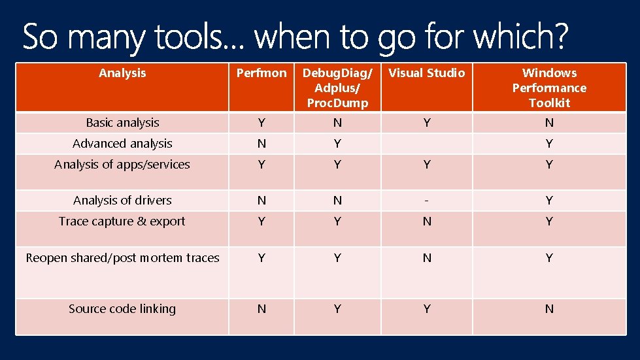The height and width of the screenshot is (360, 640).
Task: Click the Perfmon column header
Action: pos(261,73)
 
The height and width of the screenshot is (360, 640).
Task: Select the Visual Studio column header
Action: pos(427,73)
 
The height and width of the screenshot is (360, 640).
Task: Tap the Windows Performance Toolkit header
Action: pos(549,88)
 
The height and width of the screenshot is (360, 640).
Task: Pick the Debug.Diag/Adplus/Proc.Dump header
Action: pos(337,88)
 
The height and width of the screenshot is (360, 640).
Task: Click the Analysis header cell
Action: pos(122,73)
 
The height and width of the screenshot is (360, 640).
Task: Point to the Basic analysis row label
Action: pos(122,123)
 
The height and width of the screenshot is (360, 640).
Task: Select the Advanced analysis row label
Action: pos(122,144)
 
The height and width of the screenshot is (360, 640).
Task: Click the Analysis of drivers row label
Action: pos(122,201)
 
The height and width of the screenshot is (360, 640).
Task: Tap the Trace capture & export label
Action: pos(122,221)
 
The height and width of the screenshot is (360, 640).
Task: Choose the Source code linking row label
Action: pos(122,309)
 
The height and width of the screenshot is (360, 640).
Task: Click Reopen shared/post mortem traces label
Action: pos(122,258)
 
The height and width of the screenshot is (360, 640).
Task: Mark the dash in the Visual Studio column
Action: pos(427,201)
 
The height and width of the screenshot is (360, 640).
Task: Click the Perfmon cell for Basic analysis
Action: pos(261,123)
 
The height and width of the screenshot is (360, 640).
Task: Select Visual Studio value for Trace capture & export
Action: pos(427,221)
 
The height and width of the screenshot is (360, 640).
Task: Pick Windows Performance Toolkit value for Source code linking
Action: pos(549,309)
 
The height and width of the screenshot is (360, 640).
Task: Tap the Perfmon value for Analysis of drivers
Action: pos(261,201)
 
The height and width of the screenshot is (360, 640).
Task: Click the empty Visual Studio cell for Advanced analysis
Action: pos(427,144)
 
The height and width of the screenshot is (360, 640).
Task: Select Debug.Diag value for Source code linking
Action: pos(337,309)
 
